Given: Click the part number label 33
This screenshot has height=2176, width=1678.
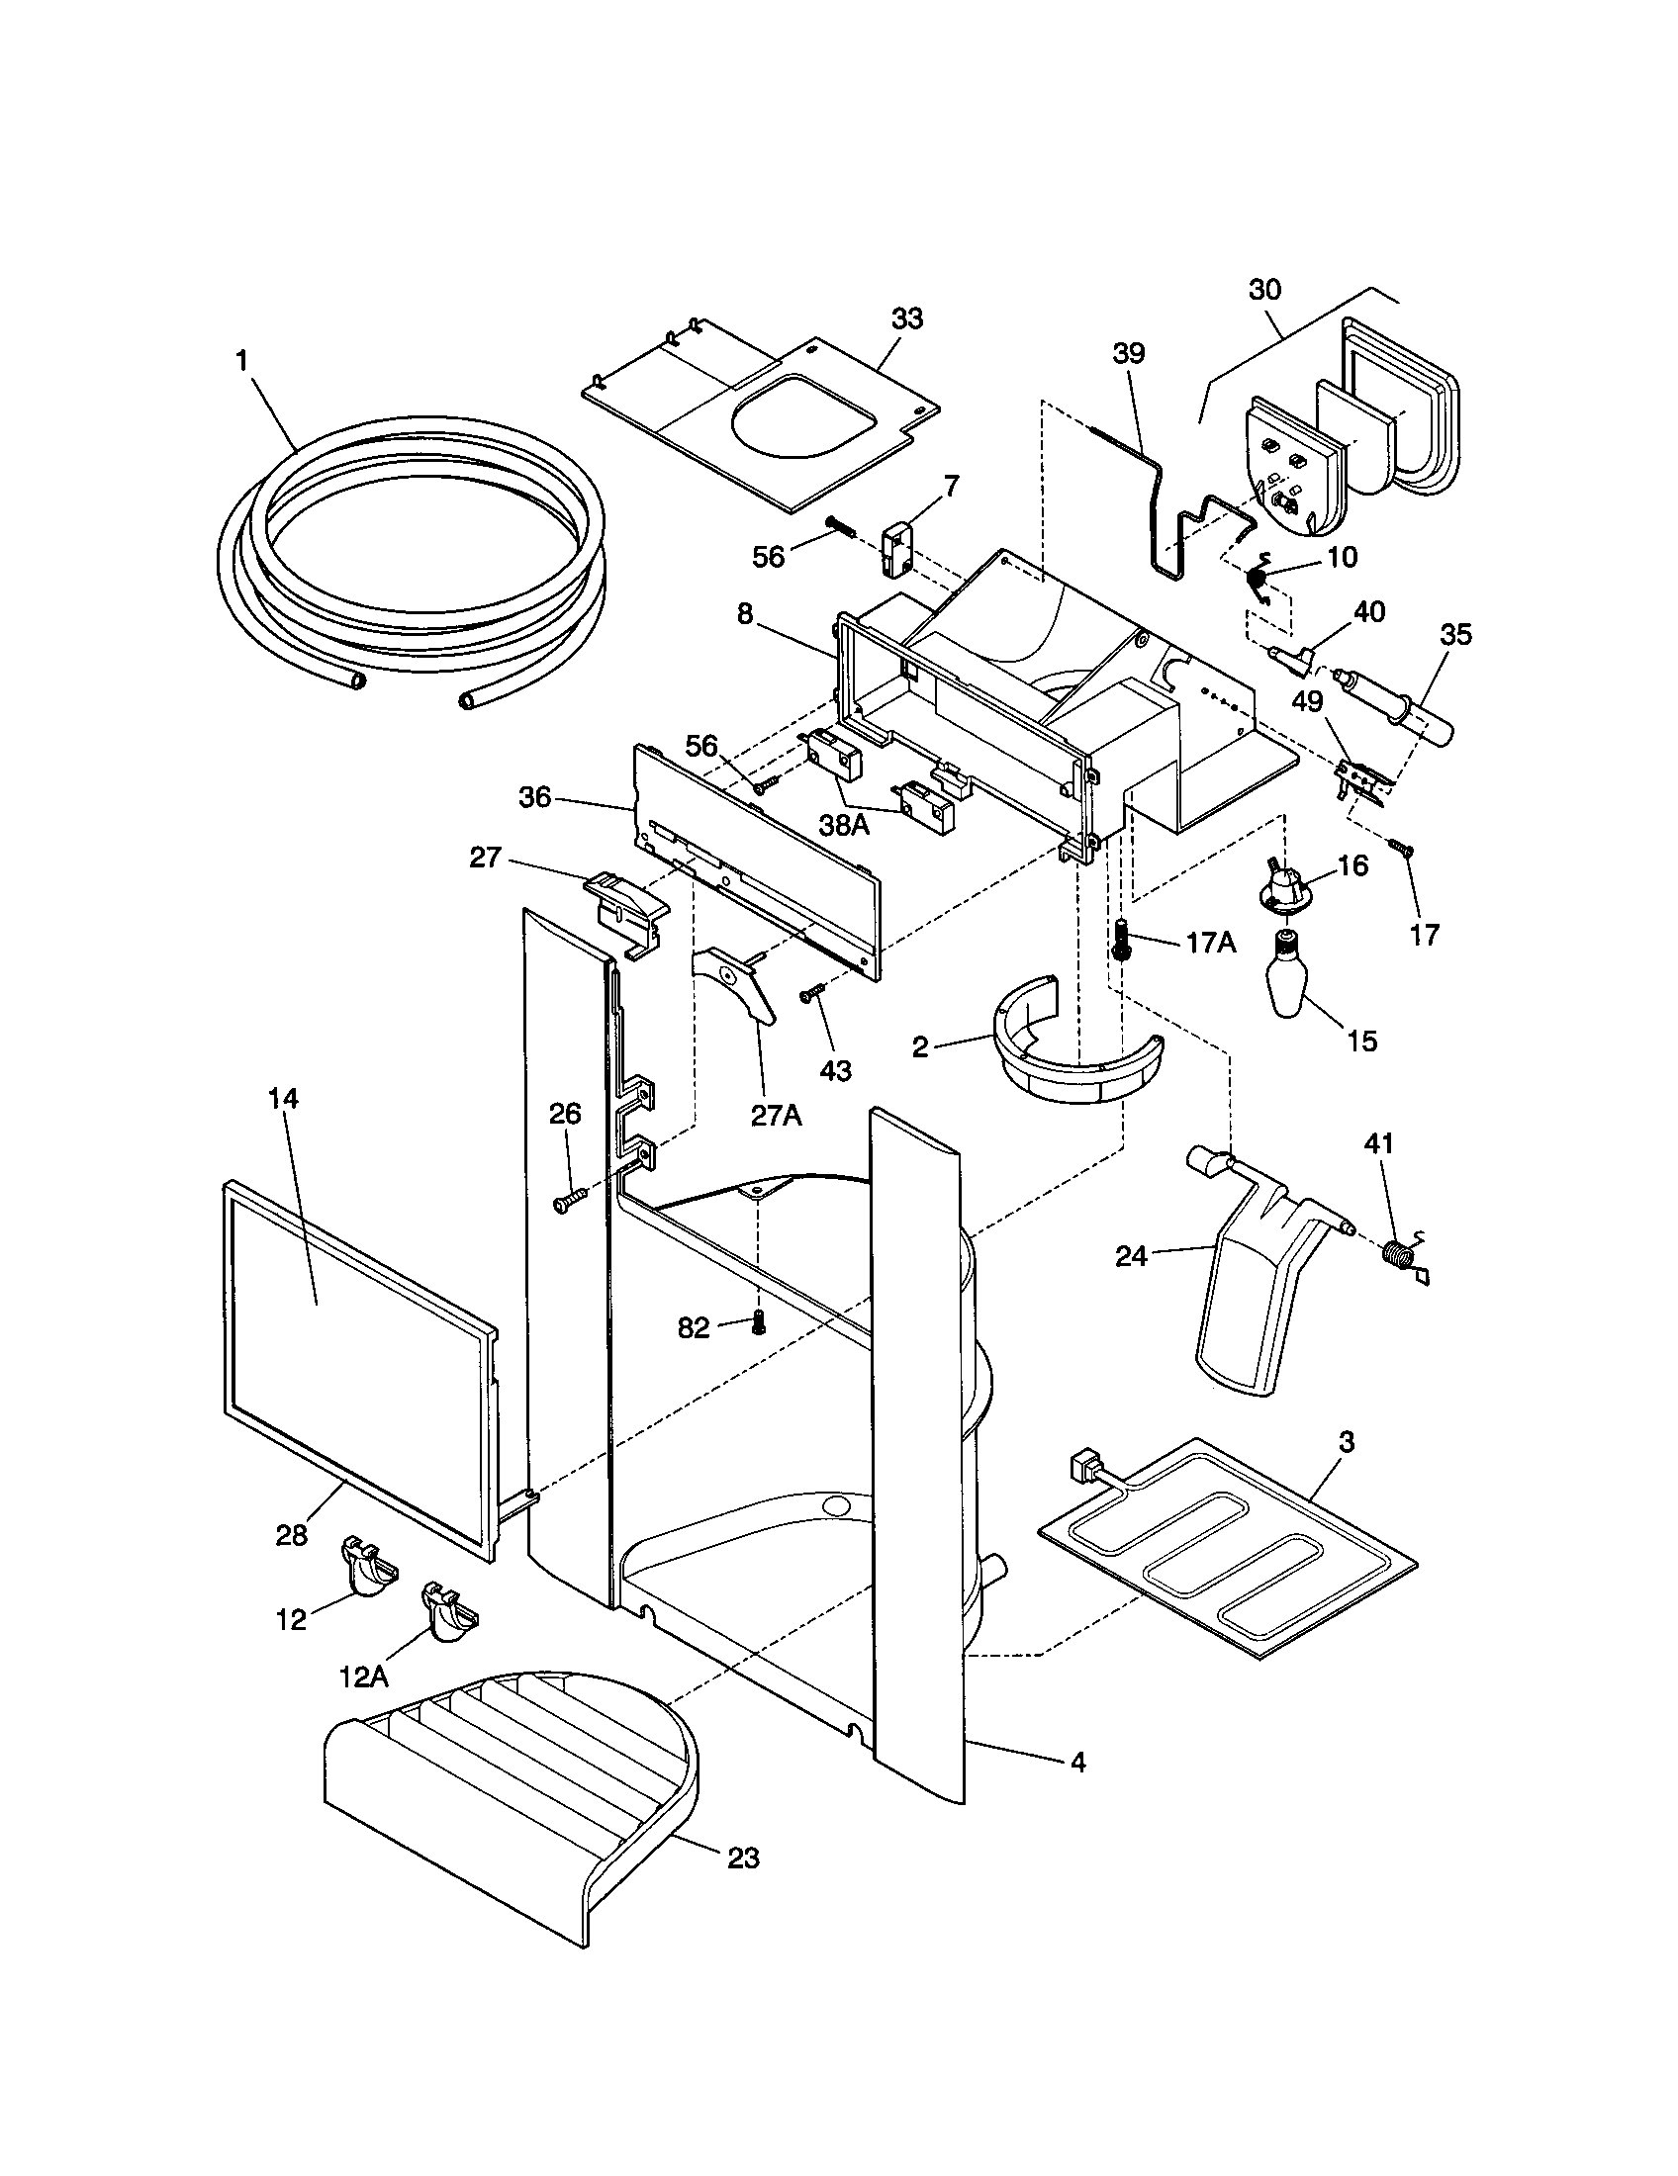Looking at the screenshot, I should tap(906, 318).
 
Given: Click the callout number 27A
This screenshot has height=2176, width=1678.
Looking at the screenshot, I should tap(776, 1115).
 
